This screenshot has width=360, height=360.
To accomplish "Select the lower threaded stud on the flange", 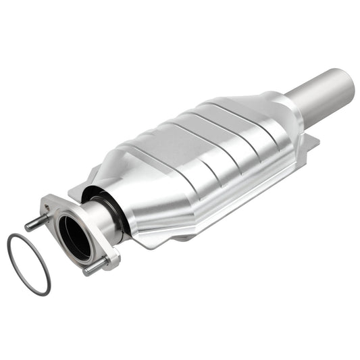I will click(x=92, y=268).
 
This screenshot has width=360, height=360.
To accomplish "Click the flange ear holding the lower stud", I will click(x=108, y=257).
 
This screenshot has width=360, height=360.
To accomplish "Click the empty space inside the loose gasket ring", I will click(x=28, y=263).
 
